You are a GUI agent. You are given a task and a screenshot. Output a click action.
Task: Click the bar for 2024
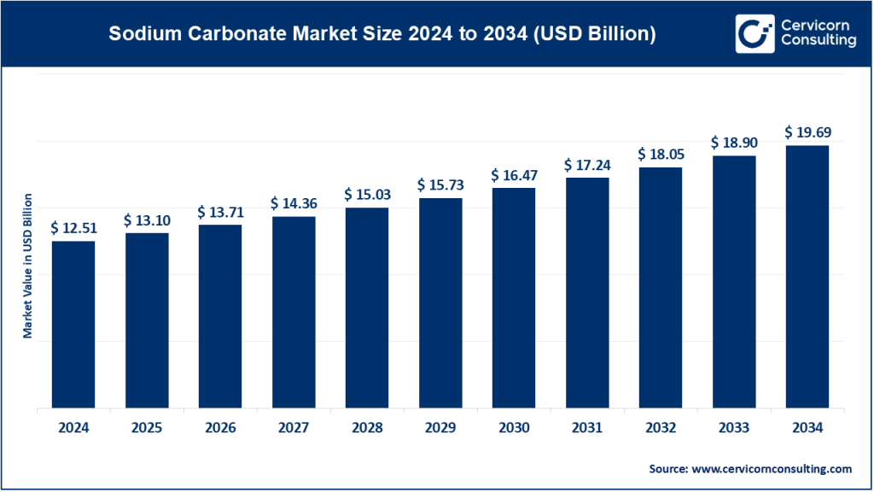73,325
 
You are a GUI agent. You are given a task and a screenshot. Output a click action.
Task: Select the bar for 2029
440,303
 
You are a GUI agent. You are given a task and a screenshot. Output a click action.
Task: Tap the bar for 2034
807,277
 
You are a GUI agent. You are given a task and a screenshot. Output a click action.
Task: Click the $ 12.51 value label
73,228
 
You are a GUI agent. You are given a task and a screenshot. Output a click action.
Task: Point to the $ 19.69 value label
807,132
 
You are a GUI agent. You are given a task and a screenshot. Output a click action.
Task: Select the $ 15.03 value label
367,195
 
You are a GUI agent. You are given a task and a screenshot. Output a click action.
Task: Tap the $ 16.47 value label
514,175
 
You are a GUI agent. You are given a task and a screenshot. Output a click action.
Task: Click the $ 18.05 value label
661,155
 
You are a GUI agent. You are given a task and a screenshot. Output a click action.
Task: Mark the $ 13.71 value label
220,212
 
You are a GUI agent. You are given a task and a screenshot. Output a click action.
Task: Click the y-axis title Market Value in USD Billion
28,266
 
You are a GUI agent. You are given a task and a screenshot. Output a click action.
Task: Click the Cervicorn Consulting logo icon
754,33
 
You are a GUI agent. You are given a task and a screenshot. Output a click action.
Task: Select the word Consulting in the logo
818,41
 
